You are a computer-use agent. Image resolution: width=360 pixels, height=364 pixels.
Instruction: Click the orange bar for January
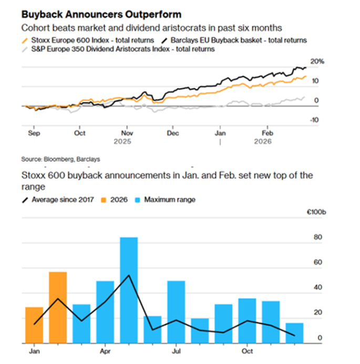pyautogui.click(x=34, y=325)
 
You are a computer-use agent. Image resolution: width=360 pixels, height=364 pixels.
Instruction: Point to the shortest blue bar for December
pyautogui.click(x=294, y=332)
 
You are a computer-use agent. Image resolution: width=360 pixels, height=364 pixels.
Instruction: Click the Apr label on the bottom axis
pyautogui.click(x=105, y=350)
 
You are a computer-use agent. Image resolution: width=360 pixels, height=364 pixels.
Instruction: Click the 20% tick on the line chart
pyautogui.click(x=318, y=61)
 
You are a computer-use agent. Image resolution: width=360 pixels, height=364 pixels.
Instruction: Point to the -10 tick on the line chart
pyautogui.click(x=316, y=120)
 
